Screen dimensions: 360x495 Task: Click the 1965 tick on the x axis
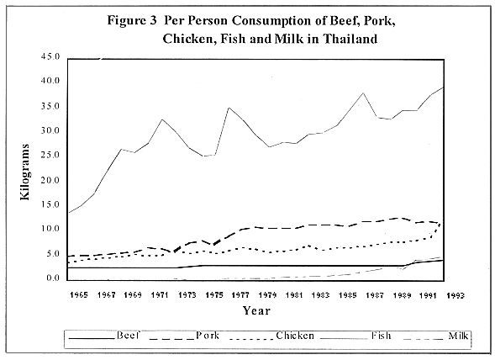coord(81,295)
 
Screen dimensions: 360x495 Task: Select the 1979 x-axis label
coord(267,295)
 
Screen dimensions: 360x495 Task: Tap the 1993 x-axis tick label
coord(455,295)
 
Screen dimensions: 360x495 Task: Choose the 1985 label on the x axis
coord(348,295)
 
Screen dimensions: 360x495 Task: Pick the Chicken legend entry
coord(296,336)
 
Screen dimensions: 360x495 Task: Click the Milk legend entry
coord(458,336)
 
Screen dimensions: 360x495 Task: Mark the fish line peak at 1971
coord(161,119)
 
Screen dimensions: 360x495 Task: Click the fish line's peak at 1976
coord(228,107)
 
